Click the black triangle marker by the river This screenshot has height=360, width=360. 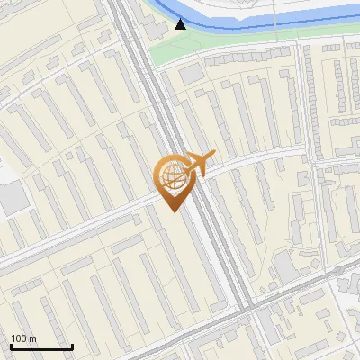(181, 24)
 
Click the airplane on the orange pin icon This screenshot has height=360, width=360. (199, 164)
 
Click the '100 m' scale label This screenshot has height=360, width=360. (24, 338)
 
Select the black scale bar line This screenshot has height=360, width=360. (41, 346)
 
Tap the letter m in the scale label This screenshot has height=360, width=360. (33, 338)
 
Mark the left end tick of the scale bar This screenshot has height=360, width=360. (11, 345)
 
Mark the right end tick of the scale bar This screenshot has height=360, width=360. (72, 345)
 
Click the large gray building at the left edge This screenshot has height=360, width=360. (11, 198)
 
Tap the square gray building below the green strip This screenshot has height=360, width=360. (191, 75)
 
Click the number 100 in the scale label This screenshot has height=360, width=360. (20, 338)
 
